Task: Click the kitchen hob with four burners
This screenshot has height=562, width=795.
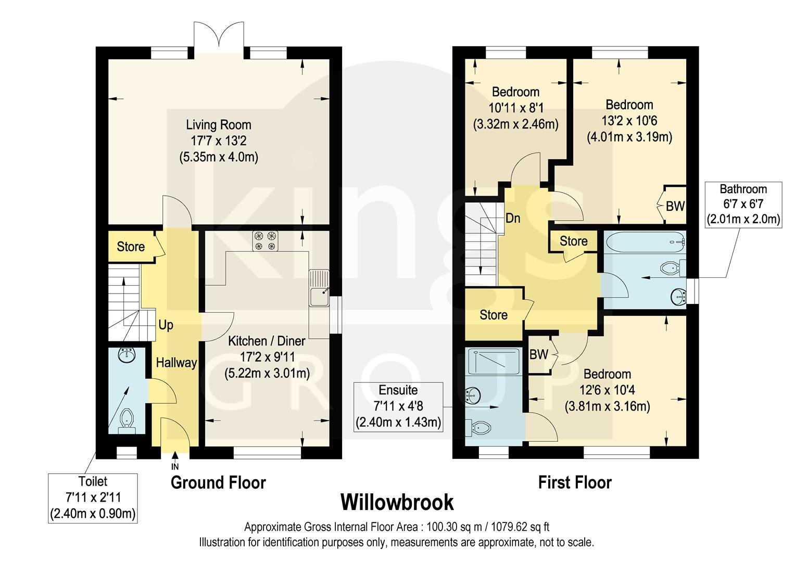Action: pos(265,240)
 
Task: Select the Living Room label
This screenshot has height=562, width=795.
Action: pos(219,125)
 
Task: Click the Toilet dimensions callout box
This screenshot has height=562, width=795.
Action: pos(93,498)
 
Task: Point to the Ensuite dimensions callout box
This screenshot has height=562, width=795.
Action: pos(398,406)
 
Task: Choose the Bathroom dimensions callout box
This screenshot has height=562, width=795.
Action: pos(743,204)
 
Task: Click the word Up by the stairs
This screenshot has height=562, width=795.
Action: pos(166,325)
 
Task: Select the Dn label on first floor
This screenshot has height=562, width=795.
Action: pos(513,218)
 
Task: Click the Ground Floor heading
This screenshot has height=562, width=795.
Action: pos(218,483)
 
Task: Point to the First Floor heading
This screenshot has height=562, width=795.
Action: pos(575,483)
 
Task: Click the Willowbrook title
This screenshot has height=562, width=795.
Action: pos(397,503)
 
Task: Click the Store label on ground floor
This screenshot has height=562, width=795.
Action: pos(131,247)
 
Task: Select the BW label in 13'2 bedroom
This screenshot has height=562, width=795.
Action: pos(675,206)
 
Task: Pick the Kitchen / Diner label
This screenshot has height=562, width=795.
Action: pos(267,341)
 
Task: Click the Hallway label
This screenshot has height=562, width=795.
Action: pos(176,363)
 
